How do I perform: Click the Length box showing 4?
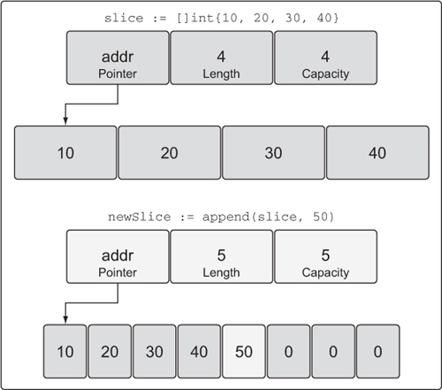[x=222, y=57]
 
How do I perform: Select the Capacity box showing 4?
[x=325, y=57]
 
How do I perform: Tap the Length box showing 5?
[x=222, y=256]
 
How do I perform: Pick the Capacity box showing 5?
[x=325, y=256]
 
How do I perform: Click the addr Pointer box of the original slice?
[x=118, y=57]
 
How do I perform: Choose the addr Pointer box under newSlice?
[x=118, y=256]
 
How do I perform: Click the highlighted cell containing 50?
[x=244, y=351]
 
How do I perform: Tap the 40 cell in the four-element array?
[x=377, y=153]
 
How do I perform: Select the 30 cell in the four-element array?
[x=273, y=153]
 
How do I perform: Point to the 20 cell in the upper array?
[x=170, y=153]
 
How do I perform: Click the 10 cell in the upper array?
[x=65, y=153]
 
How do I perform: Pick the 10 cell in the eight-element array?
[x=65, y=351]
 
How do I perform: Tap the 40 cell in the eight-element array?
[x=199, y=351]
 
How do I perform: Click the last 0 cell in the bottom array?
[x=378, y=351]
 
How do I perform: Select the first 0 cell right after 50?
[x=289, y=351]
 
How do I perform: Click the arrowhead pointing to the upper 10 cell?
[x=65, y=121]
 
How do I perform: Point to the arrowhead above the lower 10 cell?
[x=65, y=320]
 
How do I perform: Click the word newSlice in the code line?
[x=139, y=217]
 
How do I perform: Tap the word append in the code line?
[x=226, y=218]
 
